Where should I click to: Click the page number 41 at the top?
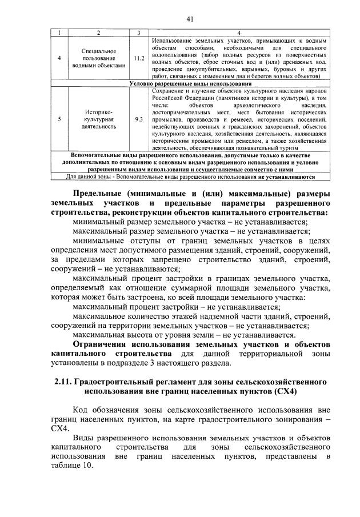(x=190, y=19)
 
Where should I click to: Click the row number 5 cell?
(x=59, y=119)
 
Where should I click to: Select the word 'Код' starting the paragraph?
(x=82, y=409)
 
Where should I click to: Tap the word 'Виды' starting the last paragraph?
(x=84, y=437)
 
